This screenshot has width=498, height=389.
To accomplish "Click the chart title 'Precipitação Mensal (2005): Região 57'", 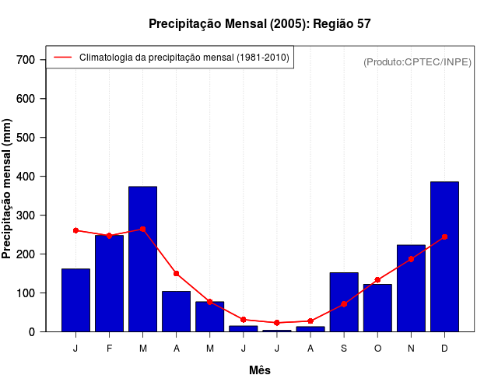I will tap(259, 24).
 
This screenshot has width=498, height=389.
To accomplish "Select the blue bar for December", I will tap(444, 257).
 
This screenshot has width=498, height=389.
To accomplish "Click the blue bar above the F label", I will tap(109, 283).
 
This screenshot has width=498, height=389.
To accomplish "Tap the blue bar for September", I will tap(344, 302).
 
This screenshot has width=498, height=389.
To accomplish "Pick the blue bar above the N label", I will tap(411, 288).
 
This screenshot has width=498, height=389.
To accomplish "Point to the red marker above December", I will tap(444, 237).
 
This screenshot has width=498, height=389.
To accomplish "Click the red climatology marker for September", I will tap(344, 304).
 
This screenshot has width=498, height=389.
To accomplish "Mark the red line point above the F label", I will tap(109, 235).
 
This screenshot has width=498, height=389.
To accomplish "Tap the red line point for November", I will tap(411, 259).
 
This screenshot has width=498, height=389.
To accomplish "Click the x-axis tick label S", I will tap(344, 349).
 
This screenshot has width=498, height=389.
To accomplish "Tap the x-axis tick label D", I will tap(444, 349).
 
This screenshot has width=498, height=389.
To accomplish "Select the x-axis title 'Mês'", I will tap(260, 370).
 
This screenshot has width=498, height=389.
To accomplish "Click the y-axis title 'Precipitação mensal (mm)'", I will tap(8, 188).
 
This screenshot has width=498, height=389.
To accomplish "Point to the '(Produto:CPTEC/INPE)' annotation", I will tap(418, 61).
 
